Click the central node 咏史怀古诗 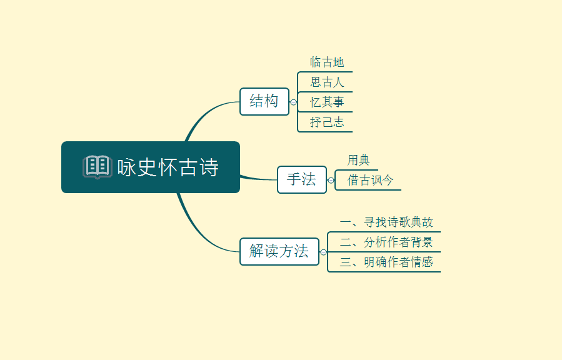[151, 167]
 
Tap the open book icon [97, 167]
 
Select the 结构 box [264, 102]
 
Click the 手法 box [302, 179]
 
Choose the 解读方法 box [279, 251]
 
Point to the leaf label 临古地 [327, 62]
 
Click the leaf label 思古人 [327, 82]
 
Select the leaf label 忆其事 [327, 102]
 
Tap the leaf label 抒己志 [327, 122]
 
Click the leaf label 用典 [358, 160]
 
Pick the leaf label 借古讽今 [370, 180]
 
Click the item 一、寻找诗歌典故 [386, 222]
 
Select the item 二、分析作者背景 [386, 242]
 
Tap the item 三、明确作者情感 [386, 262]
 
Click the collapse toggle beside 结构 [294, 102]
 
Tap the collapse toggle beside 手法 [331, 181]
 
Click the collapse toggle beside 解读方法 [324, 252]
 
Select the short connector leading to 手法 [258, 179]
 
